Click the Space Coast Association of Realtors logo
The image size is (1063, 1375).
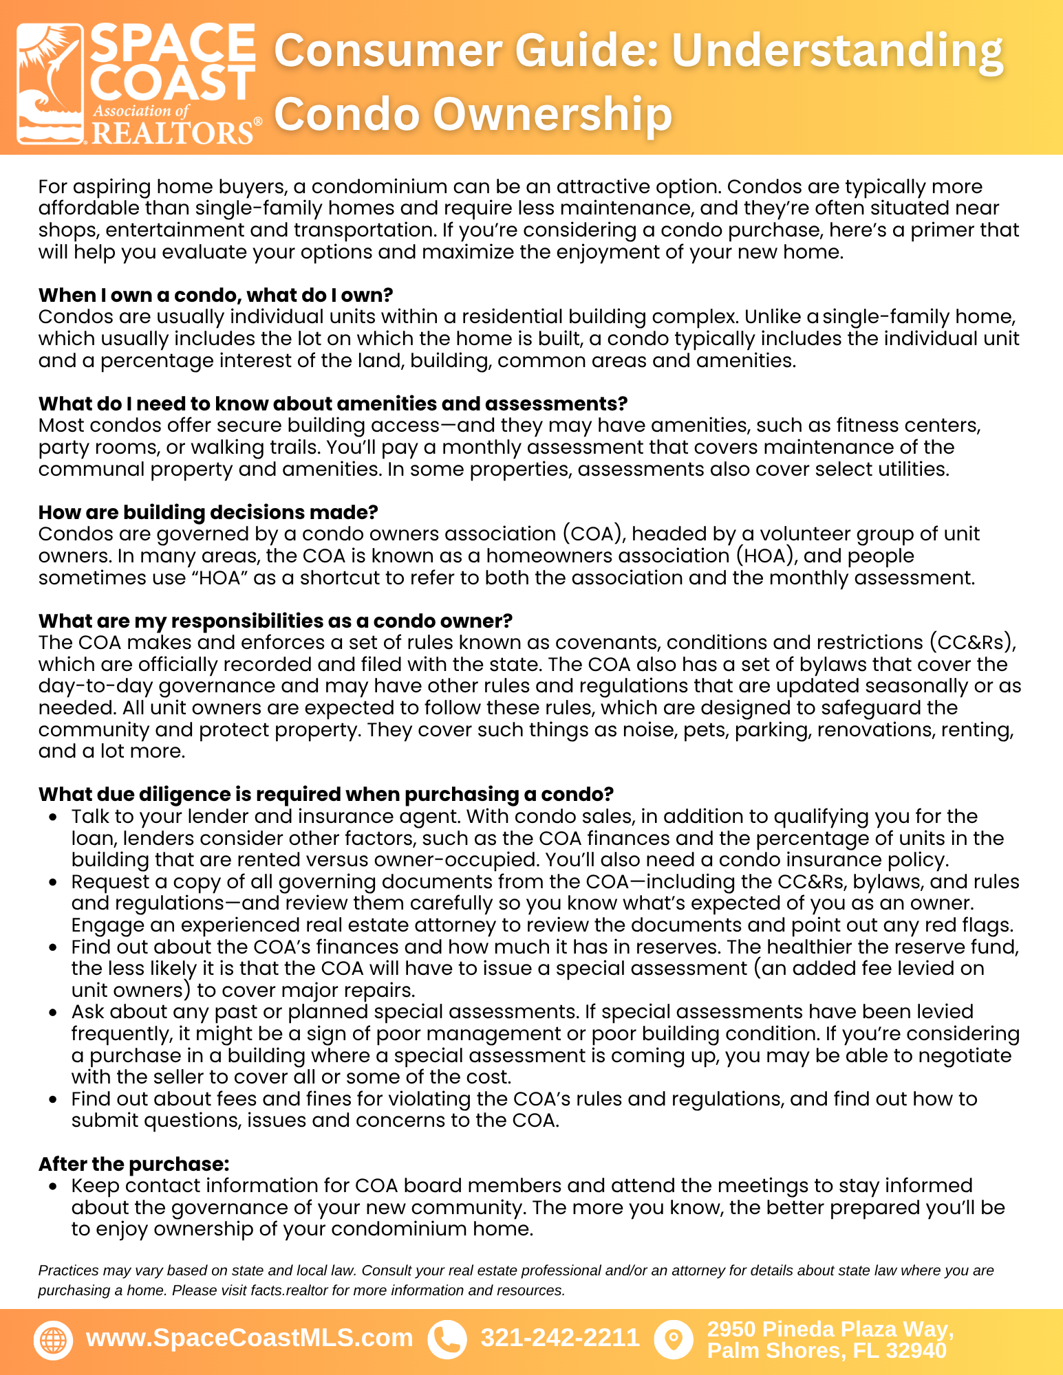click(x=138, y=84)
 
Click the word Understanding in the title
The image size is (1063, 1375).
click(x=837, y=51)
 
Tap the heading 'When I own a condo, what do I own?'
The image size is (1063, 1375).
click(x=215, y=295)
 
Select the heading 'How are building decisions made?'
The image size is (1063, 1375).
click(x=208, y=512)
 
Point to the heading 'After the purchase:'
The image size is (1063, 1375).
click(x=133, y=1164)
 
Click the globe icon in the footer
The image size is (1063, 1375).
click(x=53, y=1340)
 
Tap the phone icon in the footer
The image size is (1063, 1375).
click(x=447, y=1340)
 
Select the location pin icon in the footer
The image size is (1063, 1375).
click(x=674, y=1340)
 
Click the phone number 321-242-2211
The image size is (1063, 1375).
click(x=559, y=1338)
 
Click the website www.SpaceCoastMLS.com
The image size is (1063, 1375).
click(x=249, y=1338)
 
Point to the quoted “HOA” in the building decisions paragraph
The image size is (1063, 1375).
click(x=219, y=577)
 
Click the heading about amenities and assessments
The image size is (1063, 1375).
click(x=332, y=404)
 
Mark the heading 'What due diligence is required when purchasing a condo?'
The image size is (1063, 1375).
click(x=325, y=794)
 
